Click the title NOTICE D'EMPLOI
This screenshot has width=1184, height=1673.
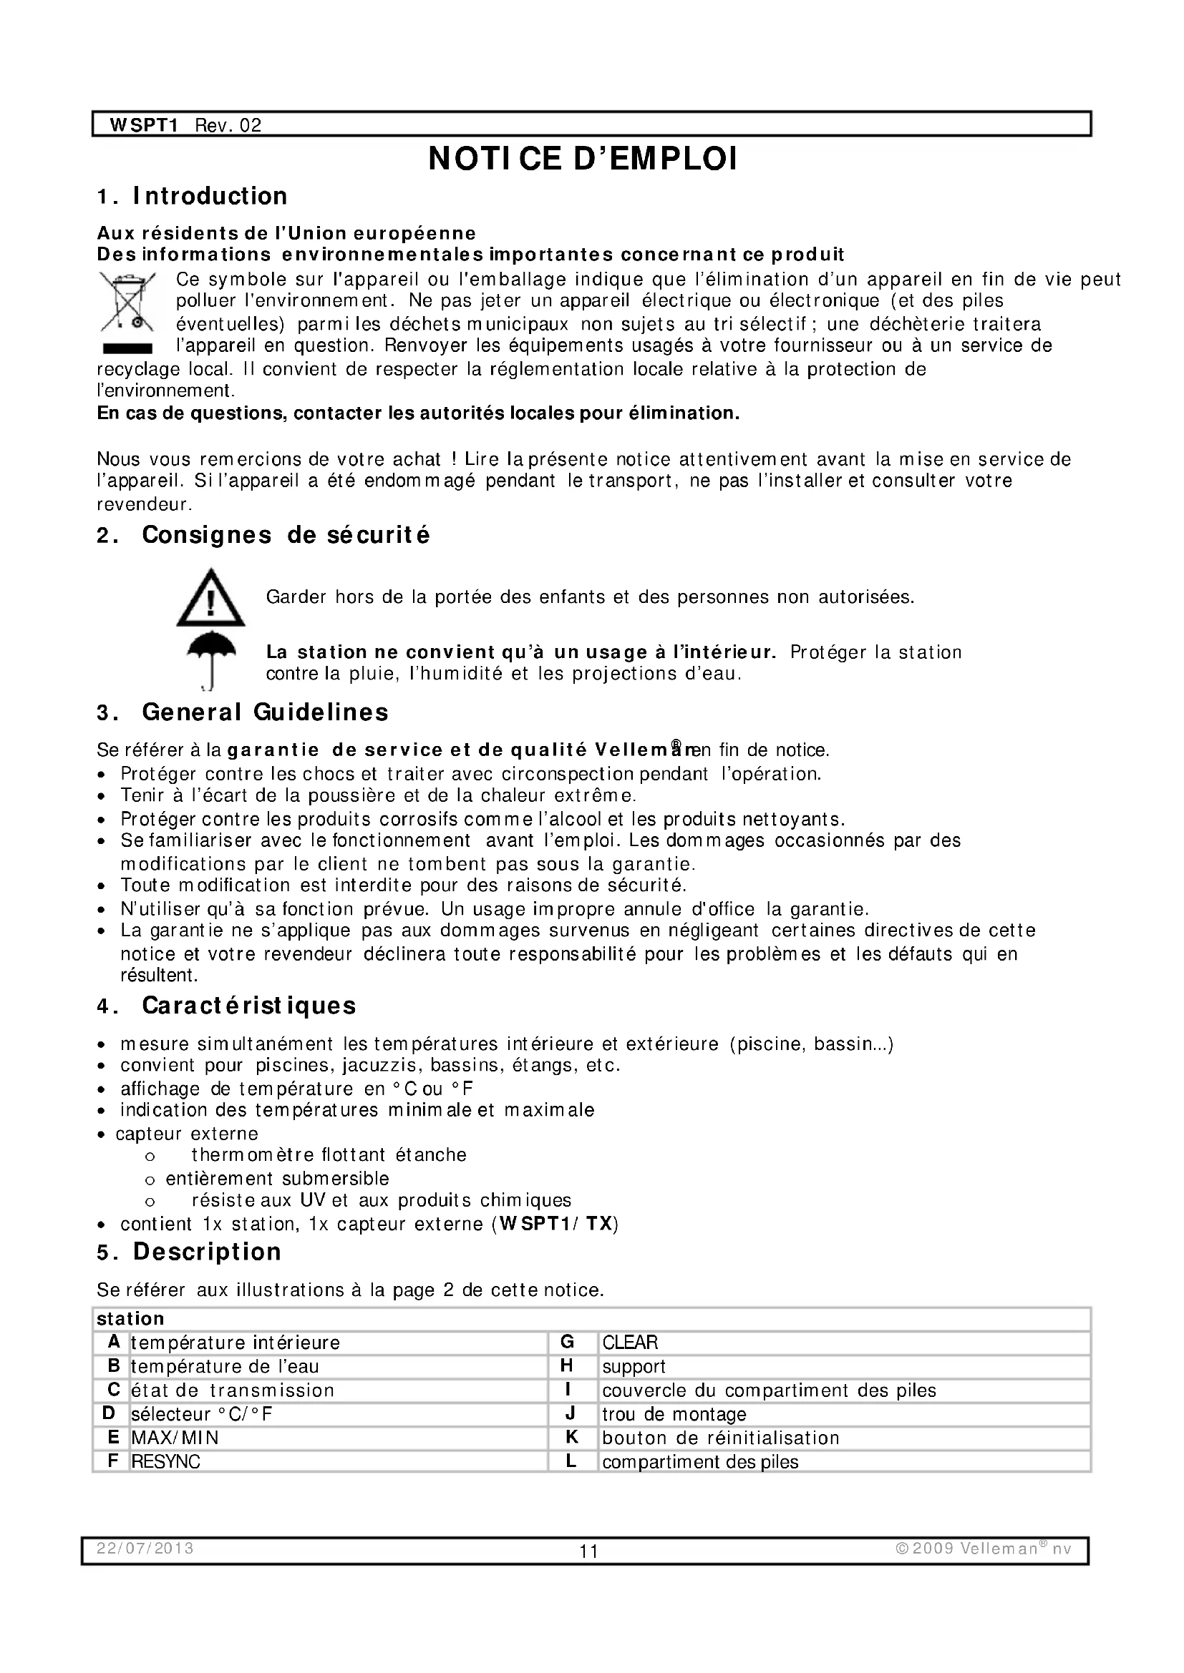coord(583,160)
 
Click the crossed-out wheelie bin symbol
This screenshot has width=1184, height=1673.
coord(127,302)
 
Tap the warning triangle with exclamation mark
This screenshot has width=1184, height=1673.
coord(210,598)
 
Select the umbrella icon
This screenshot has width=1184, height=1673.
coord(210,657)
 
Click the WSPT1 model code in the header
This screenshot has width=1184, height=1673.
coord(144,125)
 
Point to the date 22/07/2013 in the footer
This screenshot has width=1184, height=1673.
coord(145,1548)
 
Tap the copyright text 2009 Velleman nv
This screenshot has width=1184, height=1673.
coord(984,1548)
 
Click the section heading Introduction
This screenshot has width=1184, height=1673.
coord(210,196)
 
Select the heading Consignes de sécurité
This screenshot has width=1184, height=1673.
coord(286,535)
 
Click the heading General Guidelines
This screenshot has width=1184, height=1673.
coord(265,712)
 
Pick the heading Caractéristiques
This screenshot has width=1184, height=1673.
coord(248,1006)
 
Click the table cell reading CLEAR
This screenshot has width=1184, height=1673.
coord(630,1342)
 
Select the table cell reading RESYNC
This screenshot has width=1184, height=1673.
coord(165,1462)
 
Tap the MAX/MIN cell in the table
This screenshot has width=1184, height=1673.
coord(175,1438)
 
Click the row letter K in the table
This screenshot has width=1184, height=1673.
coord(571,1437)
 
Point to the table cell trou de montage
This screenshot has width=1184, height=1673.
coord(674,1414)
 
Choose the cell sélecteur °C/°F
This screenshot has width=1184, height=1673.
coord(202,1414)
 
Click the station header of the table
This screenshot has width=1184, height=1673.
coord(130,1319)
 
